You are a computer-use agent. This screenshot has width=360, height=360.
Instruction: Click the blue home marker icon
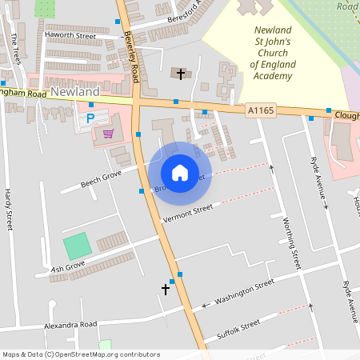pos(180,173)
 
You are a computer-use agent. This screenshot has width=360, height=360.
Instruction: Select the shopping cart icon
pos(108,133)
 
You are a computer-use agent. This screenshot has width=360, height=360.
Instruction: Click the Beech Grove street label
pos(101,178)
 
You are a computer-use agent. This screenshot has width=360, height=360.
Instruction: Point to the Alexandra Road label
pos(70,324)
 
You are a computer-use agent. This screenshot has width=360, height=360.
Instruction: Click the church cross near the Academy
pos(181,74)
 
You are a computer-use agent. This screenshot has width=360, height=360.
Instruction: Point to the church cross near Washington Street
pos(166,288)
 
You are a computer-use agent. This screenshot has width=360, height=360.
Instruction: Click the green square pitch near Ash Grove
pos(78,245)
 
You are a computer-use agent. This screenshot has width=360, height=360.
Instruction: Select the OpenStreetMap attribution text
pos(81,354)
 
